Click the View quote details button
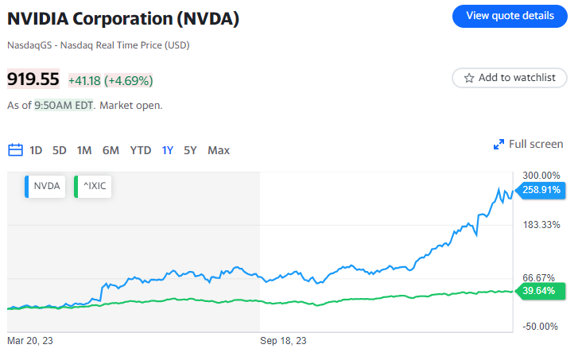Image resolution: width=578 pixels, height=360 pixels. [x=510, y=16]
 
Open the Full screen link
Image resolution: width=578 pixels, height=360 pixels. [x=529, y=144]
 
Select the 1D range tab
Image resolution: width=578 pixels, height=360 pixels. [x=36, y=150]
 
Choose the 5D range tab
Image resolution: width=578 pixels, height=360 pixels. [x=60, y=150]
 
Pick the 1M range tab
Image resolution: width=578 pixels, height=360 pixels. [x=84, y=150]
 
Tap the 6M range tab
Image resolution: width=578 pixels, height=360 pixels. [x=111, y=150]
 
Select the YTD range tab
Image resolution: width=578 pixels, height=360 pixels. [x=141, y=150]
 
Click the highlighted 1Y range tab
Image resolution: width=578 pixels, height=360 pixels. [x=168, y=150]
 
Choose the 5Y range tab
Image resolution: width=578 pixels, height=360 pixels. [x=190, y=150]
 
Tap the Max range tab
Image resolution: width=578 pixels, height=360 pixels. [x=219, y=150]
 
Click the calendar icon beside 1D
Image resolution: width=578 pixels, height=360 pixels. [x=15, y=150]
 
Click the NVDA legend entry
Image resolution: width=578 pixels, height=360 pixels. [x=45, y=187]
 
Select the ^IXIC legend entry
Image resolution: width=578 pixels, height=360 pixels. [x=93, y=187]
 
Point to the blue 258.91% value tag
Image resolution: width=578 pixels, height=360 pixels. [x=541, y=190]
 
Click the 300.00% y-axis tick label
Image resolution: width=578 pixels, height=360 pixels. [x=541, y=176]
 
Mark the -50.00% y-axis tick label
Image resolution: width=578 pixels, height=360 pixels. [x=541, y=326]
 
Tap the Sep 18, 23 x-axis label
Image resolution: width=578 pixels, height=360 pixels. [x=284, y=341]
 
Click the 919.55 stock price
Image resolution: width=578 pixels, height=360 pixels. [x=33, y=79]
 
